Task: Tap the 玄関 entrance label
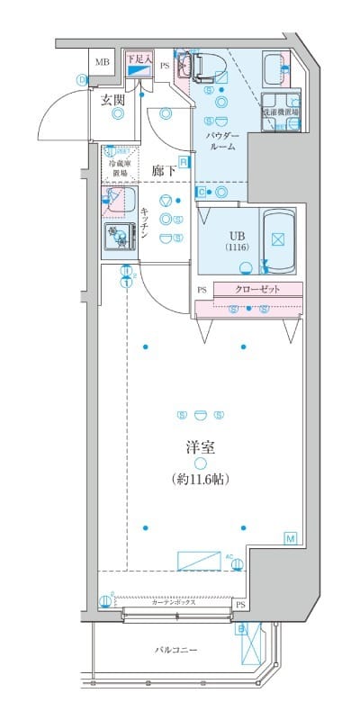pyautogui.click(x=112, y=101)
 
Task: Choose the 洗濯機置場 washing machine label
pyautogui.click(x=280, y=113)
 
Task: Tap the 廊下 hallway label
pyautogui.click(x=164, y=169)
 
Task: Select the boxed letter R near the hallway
pyautogui.click(x=183, y=161)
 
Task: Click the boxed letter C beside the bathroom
pyautogui.click(x=201, y=192)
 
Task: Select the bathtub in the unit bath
pyautogui.click(x=278, y=238)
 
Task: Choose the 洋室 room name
pyautogui.click(x=200, y=445)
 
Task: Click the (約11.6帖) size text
pyautogui.click(x=200, y=480)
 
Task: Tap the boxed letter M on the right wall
pyautogui.click(x=291, y=538)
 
